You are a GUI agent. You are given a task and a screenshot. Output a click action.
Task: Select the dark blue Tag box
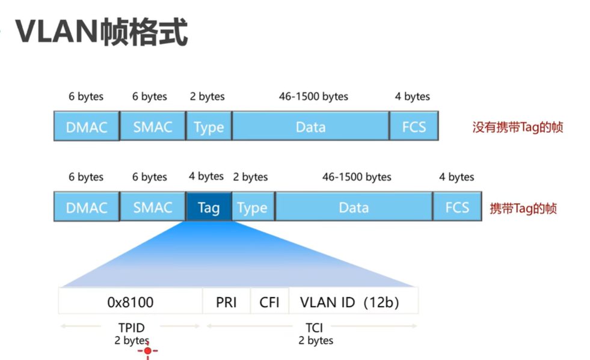pos(209,208)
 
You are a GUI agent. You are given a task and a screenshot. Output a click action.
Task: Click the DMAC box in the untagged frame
pos(86,126)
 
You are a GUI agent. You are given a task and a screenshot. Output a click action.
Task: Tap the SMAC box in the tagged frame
pos(153,207)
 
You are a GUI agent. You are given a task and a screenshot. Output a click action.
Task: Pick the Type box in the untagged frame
pos(209,127)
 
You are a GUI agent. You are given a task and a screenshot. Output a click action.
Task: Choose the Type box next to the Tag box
pos(252,208)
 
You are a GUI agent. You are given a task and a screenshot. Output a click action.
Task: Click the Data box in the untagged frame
pos(310,127)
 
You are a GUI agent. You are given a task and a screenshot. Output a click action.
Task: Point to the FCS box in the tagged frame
pos(457,207)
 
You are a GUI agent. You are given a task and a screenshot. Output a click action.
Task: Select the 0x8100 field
pos(131,302)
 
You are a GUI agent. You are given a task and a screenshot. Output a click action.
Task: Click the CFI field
pos(269,302)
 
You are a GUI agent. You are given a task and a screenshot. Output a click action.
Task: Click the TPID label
pos(131,328)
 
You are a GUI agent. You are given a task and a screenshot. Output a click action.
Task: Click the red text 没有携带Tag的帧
pos(518,127)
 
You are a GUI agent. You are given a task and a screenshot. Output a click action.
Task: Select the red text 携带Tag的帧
pos(523,209)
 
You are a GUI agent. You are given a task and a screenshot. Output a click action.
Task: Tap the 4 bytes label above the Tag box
pos(206,176)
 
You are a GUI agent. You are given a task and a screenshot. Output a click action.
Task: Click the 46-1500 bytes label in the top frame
pos(313,96)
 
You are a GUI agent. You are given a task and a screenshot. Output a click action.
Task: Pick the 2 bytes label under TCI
pos(316,340)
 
